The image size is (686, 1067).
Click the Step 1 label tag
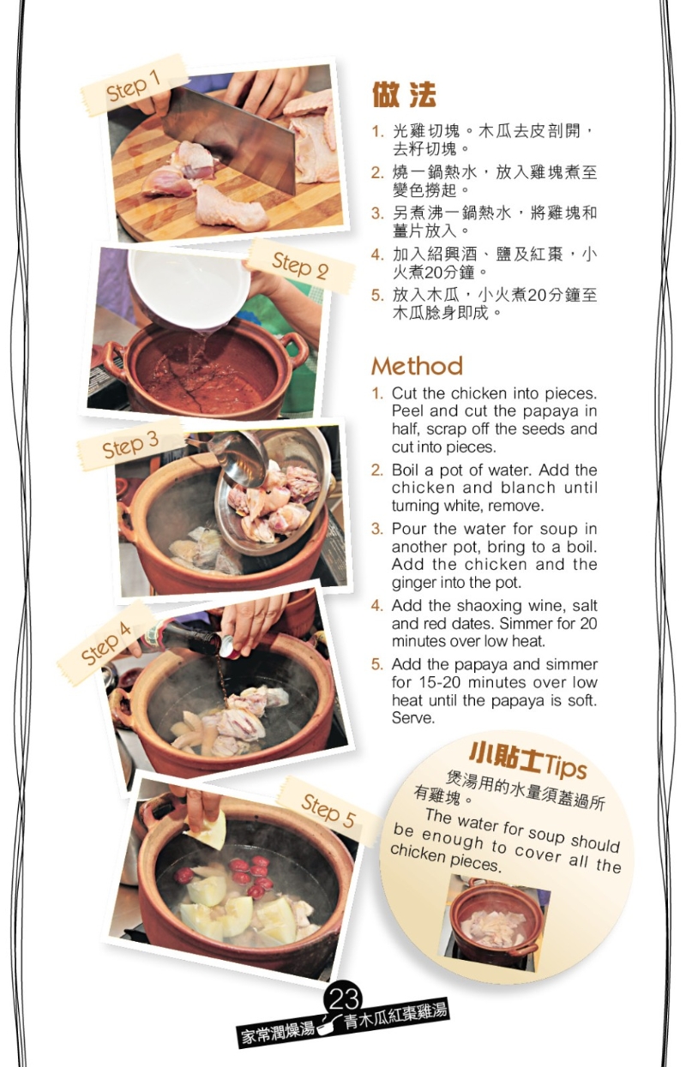[x=134, y=85]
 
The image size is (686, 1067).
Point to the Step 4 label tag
[x=106, y=644]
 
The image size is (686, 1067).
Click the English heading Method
[x=417, y=367]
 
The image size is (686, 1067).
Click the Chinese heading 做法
[x=404, y=94]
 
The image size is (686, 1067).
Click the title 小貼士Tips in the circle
[x=527, y=757]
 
